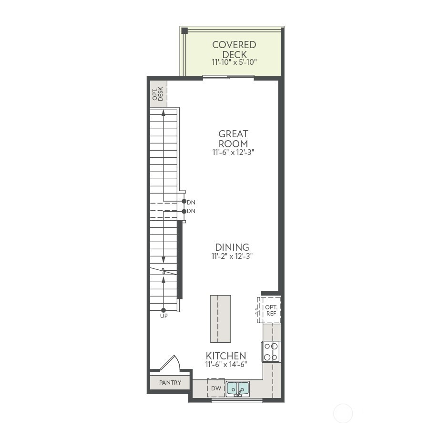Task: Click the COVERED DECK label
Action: click(234, 50)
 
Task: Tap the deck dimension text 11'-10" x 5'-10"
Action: click(234, 62)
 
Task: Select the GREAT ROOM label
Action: click(233, 139)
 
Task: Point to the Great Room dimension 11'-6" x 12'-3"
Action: click(233, 153)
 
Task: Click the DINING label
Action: click(232, 247)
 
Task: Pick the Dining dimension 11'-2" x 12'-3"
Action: click(232, 256)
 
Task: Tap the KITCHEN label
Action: click(226, 356)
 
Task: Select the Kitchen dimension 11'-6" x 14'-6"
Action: click(226, 365)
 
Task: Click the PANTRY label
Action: click(170, 382)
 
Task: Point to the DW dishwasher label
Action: click(216, 388)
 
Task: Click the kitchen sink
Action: click(237, 388)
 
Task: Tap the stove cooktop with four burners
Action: click(271, 352)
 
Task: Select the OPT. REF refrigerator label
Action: click(271, 310)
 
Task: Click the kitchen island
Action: click(221, 319)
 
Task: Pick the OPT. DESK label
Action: click(158, 94)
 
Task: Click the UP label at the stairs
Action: click(164, 316)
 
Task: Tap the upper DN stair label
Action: click(191, 203)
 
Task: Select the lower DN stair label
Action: click(191, 211)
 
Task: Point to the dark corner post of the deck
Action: click(184, 31)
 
